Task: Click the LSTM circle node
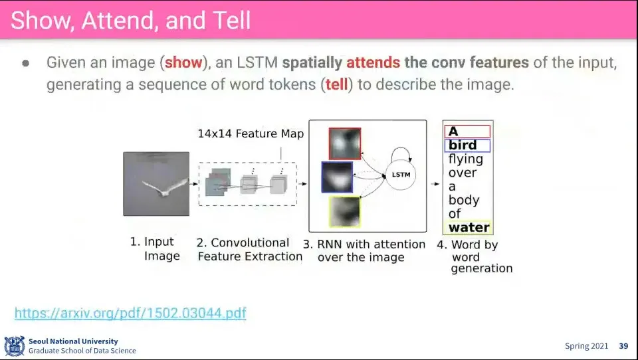(x=401, y=175)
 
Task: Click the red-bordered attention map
(x=345, y=143)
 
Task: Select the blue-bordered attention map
(x=338, y=177)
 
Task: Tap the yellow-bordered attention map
(x=345, y=211)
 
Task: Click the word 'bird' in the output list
(x=463, y=145)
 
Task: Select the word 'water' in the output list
(x=469, y=227)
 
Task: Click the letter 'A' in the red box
(x=453, y=132)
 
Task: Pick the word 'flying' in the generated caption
(x=465, y=159)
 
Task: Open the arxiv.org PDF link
(x=130, y=313)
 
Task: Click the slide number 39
(x=623, y=346)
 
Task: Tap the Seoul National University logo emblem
(x=15, y=346)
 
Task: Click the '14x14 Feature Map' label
(x=251, y=134)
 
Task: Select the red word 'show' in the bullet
(x=183, y=62)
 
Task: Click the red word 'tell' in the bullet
(x=336, y=84)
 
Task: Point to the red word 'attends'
(x=373, y=62)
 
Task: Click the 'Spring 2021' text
(x=586, y=346)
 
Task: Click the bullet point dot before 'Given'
(x=26, y=64)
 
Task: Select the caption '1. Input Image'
(x=155, y=248)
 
